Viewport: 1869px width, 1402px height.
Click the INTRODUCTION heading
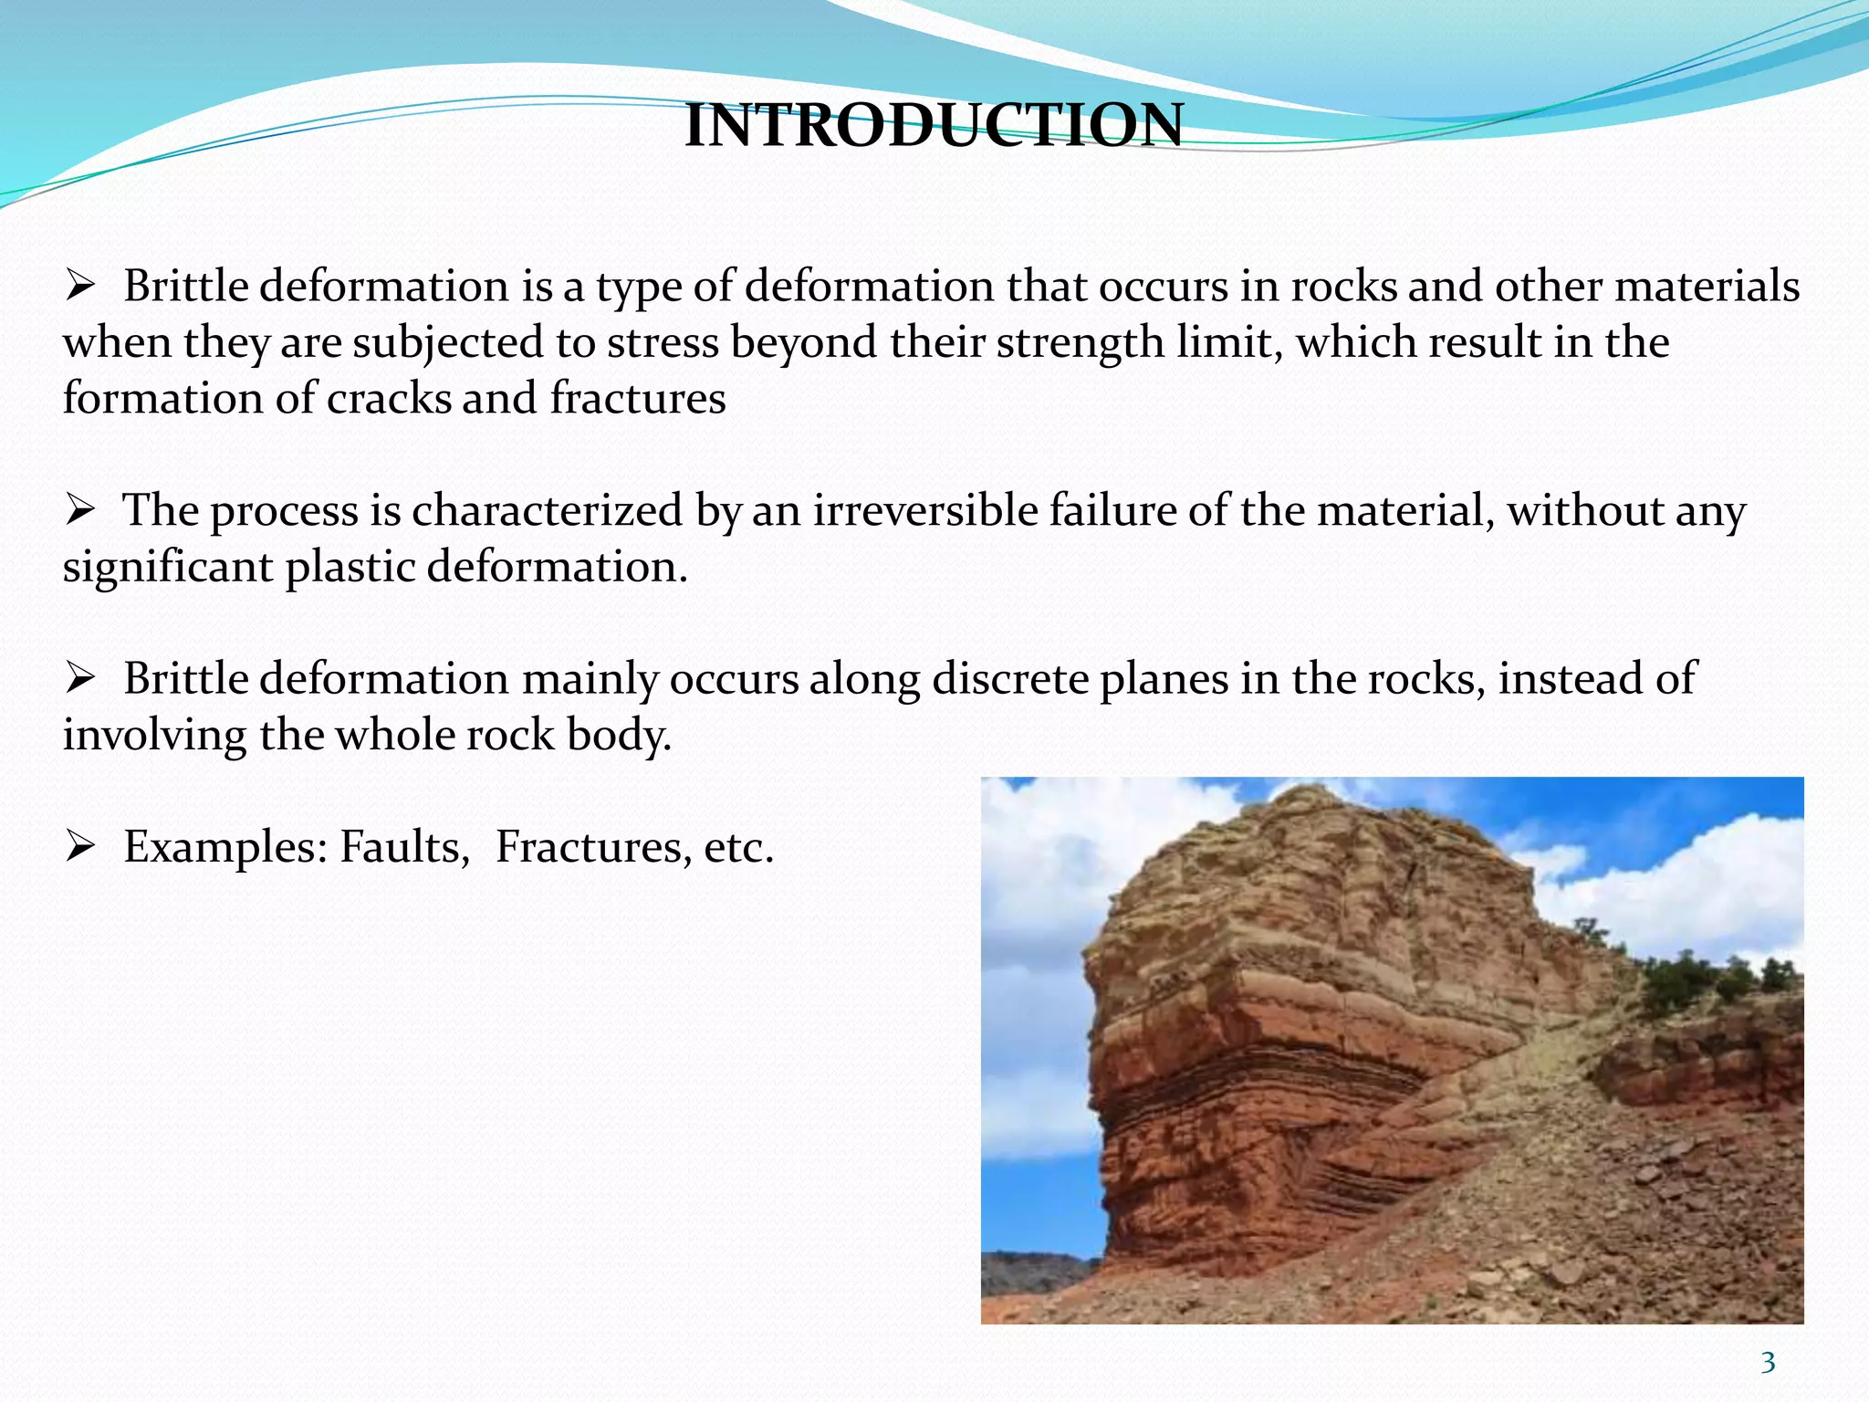(934, 125)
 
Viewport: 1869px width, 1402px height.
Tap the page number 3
(1768, 1363)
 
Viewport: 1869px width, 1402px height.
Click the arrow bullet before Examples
(80, 847)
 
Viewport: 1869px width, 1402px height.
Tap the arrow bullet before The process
(80, 510)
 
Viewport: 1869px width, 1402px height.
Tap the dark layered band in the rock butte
(1250, 1068)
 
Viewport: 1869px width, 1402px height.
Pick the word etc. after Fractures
(738, 847)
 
